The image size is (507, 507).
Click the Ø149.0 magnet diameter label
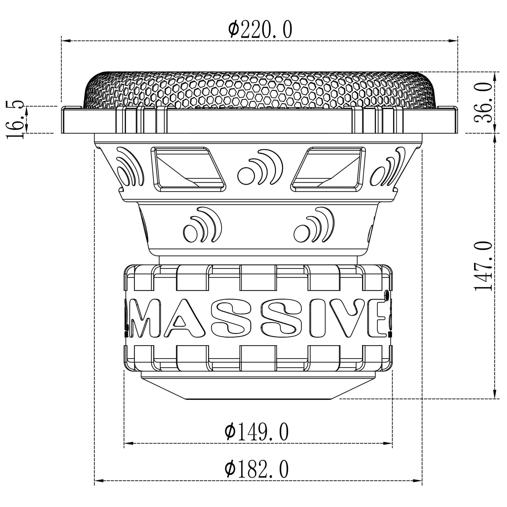[257, 431]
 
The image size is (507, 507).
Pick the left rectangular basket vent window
[188, 169]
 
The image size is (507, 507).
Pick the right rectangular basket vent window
[329, 169]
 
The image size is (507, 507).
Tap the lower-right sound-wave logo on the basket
[314, 226]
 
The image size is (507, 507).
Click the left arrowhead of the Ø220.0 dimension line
[66, 41]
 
